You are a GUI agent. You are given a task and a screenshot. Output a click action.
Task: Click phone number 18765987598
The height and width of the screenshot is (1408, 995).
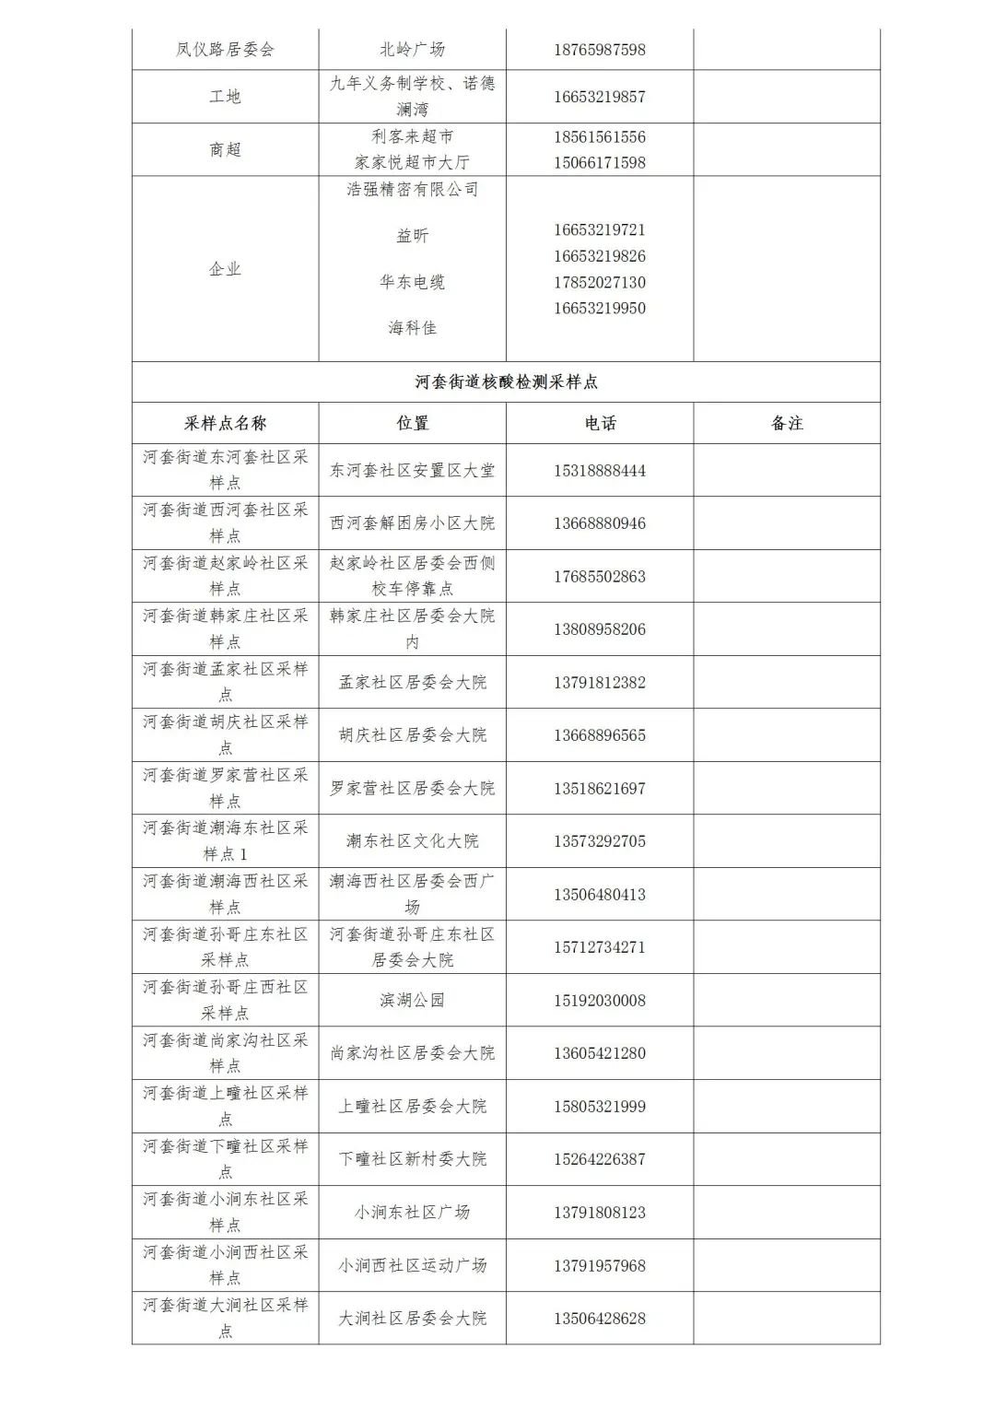pos(600,50)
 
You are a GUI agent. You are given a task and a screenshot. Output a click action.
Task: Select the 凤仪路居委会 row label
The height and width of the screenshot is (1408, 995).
pos(225,50)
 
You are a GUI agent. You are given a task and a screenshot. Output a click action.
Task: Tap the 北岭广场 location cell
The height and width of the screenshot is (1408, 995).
pos(412,50)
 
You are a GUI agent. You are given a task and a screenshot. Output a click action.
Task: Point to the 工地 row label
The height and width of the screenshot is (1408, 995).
pos(225,97)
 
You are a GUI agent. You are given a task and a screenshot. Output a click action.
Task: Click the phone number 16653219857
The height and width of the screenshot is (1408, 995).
pos(600,97)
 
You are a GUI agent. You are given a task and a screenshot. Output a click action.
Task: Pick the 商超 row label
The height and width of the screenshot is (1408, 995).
pos(225,149)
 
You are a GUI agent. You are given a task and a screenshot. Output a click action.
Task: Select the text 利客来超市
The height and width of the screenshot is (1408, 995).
pos(412,136)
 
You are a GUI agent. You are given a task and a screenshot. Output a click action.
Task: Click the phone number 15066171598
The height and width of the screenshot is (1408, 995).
pos(600,163)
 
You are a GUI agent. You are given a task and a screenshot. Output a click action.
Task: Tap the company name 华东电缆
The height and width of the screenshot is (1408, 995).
pos(412,282)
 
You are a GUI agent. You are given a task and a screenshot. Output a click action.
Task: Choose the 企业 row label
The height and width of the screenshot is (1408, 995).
pos(225,269)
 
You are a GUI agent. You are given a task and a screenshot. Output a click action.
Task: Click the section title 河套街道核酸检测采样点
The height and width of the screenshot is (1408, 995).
pos(506,382)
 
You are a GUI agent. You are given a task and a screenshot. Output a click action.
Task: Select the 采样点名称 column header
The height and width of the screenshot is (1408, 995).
pos(225,424)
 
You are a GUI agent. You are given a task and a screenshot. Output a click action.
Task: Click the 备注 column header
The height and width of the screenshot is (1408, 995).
pos(787,424)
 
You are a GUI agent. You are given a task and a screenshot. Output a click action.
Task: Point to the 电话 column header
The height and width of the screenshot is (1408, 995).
pos(600,424)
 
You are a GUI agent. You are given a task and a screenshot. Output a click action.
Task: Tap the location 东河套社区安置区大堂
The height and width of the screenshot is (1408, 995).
pos(412,471)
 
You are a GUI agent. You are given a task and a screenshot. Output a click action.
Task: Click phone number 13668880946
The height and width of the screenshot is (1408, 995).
pos(600,523)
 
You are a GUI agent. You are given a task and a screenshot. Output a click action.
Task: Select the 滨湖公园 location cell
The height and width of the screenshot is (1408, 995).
pos(412,1001)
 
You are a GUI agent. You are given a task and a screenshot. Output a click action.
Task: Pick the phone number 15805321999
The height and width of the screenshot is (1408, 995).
pos(600,1107)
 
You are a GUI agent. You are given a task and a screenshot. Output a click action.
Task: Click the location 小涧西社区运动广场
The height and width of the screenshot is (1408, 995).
pos(412,1266)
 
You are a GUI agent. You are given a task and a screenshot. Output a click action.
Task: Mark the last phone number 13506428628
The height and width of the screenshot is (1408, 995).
pos(600,1319)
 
